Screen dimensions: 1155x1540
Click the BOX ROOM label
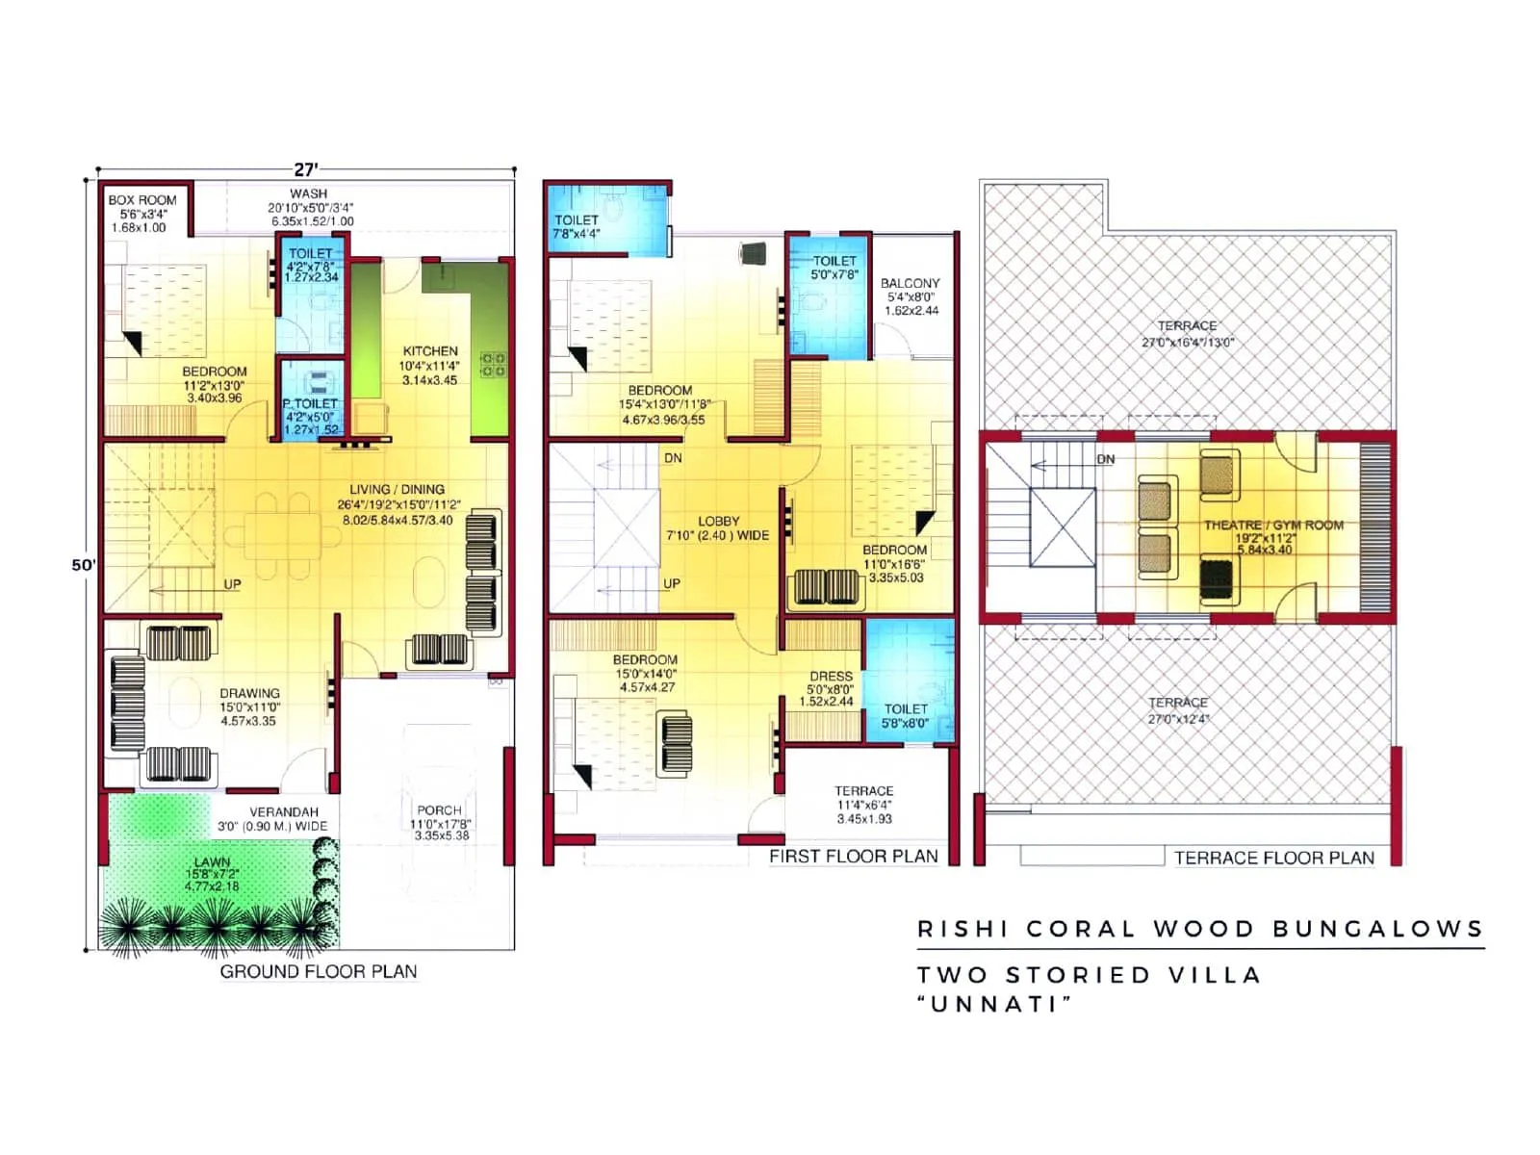142,200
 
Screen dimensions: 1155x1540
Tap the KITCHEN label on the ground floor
430,351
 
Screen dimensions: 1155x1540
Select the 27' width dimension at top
305,169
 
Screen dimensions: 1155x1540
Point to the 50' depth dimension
84,565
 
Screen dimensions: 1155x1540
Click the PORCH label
439,810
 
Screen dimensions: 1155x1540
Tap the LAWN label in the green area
212,861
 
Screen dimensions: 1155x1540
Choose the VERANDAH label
283,811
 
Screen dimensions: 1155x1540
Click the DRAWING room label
249,693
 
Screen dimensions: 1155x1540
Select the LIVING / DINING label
397,489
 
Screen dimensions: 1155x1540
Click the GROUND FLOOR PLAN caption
319,971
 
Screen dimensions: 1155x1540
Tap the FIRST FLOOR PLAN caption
853,857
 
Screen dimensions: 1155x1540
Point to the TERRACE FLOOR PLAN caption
1273,858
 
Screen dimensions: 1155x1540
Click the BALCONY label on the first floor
910,283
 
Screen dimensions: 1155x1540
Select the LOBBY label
718,521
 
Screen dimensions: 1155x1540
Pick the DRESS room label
831,676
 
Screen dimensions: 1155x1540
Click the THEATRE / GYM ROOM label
1273,526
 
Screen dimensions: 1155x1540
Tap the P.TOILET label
310,403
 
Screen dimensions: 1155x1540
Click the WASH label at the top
308,193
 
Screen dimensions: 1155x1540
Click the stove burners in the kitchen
493,364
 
